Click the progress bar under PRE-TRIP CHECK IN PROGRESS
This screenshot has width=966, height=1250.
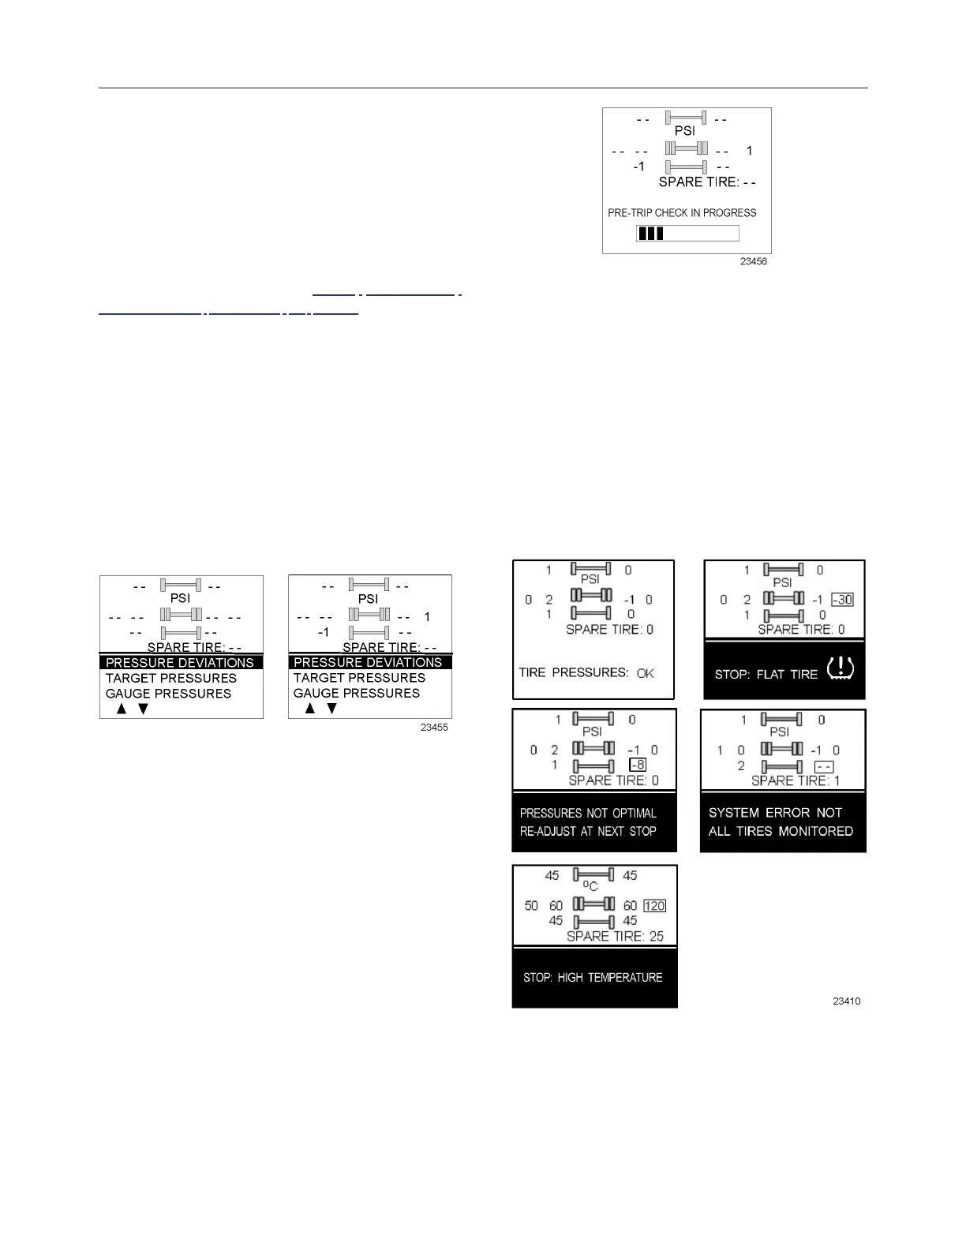tap(687, 233)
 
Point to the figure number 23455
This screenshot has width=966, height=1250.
tap(433, 727)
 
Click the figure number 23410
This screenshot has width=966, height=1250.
tap(847, 1001)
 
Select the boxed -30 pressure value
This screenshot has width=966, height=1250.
tap(842, 600)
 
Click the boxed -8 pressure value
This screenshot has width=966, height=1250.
tap(638, 765)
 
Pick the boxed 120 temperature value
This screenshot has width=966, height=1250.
tap(654, 906)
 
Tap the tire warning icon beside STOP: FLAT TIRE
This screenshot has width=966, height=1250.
tap(840, 670)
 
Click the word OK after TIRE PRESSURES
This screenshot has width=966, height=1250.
tap(645, 673)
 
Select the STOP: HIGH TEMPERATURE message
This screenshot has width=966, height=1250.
tap(593, 977)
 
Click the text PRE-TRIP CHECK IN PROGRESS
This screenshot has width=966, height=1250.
tap(682, 212)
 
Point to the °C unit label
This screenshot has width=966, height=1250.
tap(590, 886)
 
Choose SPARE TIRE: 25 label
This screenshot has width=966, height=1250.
tap(615, 936)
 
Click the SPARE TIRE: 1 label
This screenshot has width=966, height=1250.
tap(796, 780)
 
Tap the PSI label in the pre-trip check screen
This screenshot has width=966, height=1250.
tap(684, 131)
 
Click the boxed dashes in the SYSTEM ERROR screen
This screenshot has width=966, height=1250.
tap(824, 766)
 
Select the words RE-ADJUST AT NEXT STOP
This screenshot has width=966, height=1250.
tap(588, 831)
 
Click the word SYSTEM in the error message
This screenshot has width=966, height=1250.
tap(733, 813)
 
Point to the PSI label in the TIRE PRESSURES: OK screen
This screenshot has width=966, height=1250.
tap(590, 579)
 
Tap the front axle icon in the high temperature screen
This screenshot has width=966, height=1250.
tap(593, 875)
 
